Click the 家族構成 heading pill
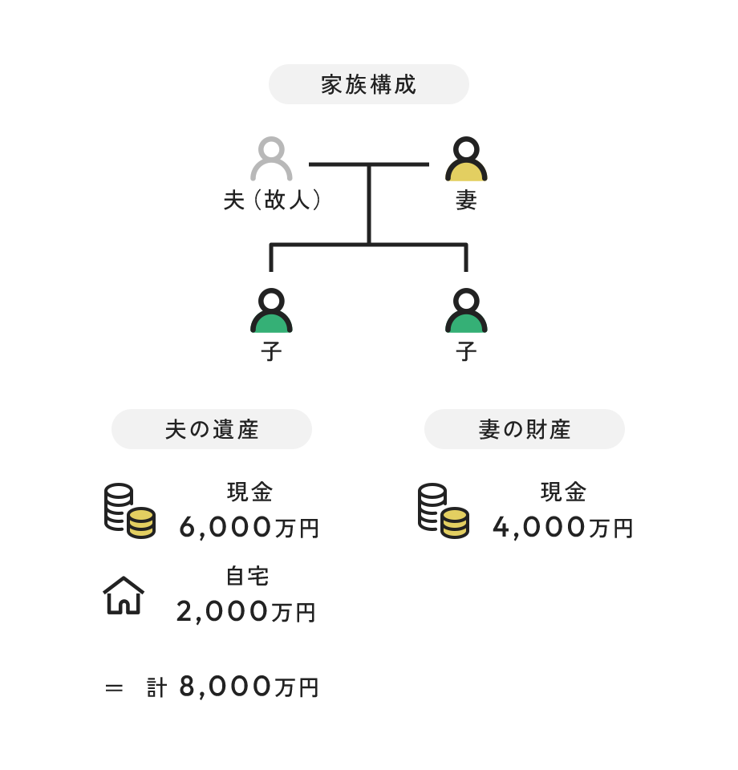point(368,84)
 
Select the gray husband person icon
point(271,160)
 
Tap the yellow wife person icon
point(466,160)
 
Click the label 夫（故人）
point(273,201)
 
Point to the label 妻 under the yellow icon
point(466,201)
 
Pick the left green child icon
point(271,312)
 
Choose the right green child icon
point(466,312)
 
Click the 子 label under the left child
point(271,352)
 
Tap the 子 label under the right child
point(466,352)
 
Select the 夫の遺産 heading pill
point(211,429)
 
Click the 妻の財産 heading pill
point(524,429)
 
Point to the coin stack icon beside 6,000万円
point(129,510)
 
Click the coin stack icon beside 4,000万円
point(443,510)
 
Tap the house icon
point(124,596)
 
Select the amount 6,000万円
point(249,528)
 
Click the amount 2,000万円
point(245,612)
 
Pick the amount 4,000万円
point(562,528)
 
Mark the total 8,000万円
point(249,687)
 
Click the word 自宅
point(247,577)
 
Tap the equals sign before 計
point(114,688)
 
